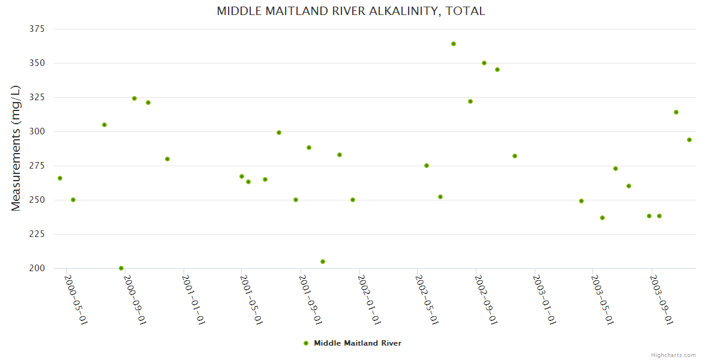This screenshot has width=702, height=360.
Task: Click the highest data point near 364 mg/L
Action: [454, 44]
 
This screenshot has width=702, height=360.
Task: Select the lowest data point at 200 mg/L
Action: [121, 268]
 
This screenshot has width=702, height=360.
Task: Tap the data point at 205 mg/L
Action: [323, 262]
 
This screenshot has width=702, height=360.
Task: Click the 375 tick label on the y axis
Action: [38, 29]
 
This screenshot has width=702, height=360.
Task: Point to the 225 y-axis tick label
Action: [38, 234]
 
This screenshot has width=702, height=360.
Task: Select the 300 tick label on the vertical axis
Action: [38, 131]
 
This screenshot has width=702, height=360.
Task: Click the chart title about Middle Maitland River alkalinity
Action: [351, 11]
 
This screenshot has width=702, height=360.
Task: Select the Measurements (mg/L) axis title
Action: [16, 148]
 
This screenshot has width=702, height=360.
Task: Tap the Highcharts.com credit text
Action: [673, 355]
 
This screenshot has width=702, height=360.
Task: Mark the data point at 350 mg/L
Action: [484, 63]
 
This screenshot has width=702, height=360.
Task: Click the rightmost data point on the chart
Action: [689, 140]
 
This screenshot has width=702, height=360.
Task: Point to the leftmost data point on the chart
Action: [60, 178]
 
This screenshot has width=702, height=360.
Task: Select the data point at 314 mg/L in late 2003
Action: [676, 112]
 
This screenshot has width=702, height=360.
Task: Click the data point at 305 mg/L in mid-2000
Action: [104, 125]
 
